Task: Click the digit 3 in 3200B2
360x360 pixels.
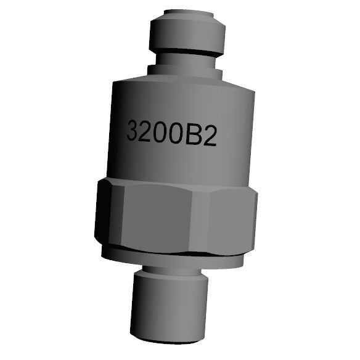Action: [133, 131]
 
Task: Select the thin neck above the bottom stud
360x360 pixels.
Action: [170, 271]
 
